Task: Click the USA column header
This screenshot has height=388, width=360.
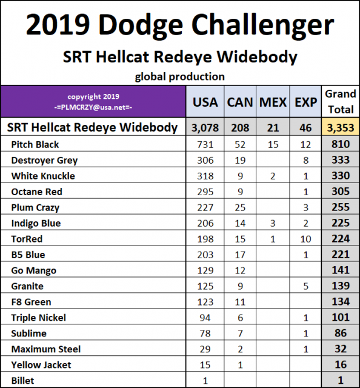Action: (x=205, y=102)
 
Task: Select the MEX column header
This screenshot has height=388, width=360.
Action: (x=273, y=102)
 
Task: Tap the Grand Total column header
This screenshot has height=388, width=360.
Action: (x=340, y=101)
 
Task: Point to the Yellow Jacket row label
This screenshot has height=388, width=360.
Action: (x=41, y=364)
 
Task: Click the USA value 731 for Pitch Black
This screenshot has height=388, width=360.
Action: (x=205, y=144)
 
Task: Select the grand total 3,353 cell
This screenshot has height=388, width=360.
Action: (x=340, y=127)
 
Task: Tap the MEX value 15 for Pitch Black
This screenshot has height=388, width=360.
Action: (x=273, y=144)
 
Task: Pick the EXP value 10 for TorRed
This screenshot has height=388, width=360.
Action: (x=306, y=239)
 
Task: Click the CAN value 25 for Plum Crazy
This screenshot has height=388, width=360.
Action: (x=240, y=207)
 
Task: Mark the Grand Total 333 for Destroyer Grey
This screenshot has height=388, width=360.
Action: (x=340, y=160)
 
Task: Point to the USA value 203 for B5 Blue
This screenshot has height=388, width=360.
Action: (x=205, y=255)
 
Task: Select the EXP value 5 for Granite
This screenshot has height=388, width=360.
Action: (x=306, y=286)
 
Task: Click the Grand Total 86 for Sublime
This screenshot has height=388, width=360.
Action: (x=340, y=333)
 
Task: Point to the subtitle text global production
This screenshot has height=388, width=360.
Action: (x=179, y=76)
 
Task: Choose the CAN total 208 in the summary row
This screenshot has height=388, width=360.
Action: (x=240, y=127)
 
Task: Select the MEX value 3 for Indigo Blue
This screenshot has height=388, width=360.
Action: (x=273, y=223)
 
